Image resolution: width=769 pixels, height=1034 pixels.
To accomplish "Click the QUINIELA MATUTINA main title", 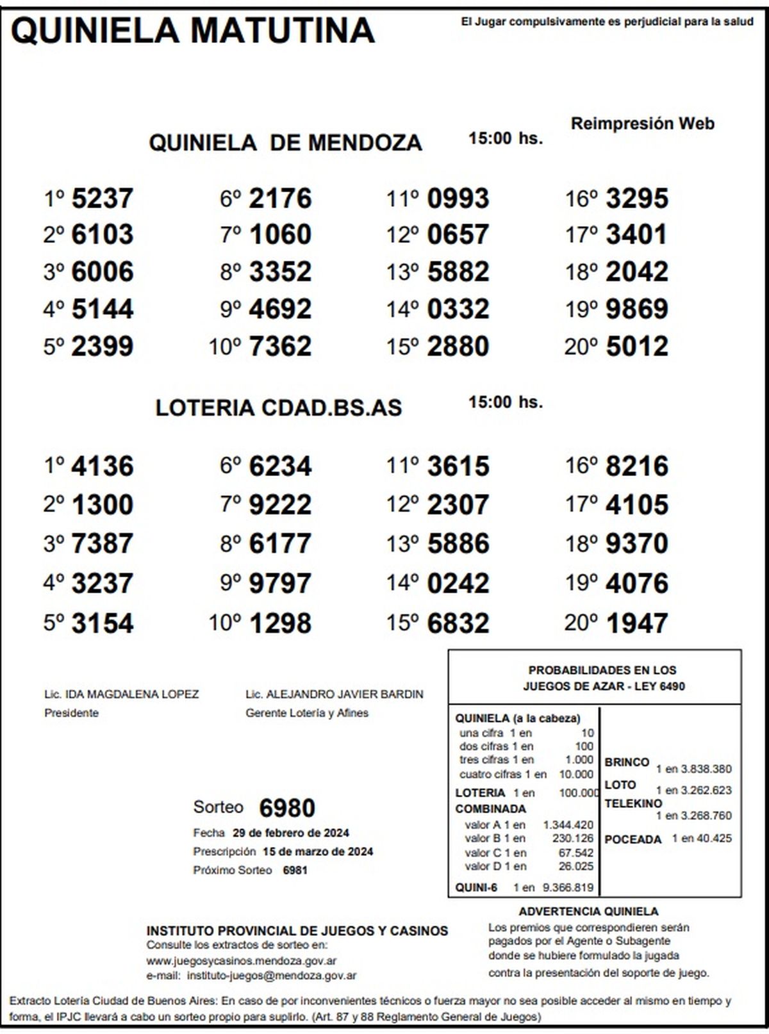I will point(192,29).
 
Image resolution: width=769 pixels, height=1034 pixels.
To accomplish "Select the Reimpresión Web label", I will point(642,124).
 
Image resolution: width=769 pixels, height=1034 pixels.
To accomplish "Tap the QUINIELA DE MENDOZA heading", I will point(285,142).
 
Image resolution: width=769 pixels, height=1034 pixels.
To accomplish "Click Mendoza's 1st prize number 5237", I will point(103,199).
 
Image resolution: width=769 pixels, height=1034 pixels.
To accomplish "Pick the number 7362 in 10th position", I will point(280,347).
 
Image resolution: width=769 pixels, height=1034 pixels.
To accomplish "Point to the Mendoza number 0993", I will point(458,199).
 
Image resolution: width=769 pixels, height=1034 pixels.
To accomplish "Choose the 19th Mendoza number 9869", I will point(636,309).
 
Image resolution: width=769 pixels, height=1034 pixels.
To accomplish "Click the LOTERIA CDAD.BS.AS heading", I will point(279,408).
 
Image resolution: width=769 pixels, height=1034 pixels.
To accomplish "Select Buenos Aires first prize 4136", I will point(103,466).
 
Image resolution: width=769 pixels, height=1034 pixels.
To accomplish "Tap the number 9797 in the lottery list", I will point(280,584).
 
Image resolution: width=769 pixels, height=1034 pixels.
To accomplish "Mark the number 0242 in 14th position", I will point(458,584).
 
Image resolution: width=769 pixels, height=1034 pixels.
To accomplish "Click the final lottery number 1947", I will point(636,623).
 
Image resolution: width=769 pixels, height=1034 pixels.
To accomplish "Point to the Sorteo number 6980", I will point(287,808).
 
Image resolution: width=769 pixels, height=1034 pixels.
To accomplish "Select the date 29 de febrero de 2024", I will point(291,833).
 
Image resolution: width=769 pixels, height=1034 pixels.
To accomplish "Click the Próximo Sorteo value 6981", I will point(295,871).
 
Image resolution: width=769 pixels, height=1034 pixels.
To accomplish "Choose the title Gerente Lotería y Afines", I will point(307,713).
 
